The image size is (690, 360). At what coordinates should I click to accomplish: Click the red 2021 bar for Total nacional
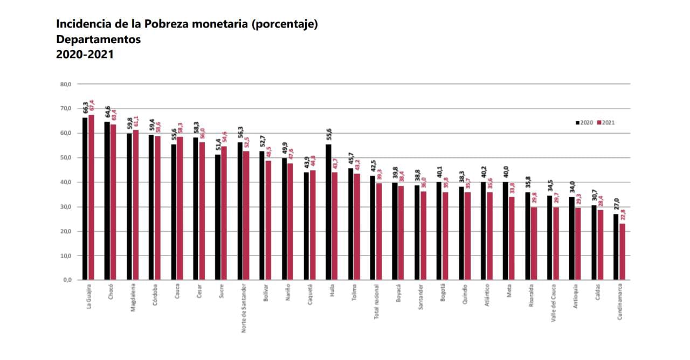pyautogui.click(x=378, y=231)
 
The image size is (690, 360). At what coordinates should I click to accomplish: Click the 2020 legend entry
pyautogui.click(x=584, y=122)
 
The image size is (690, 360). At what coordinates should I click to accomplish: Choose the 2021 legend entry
pyautogui.click(x=606, y=122)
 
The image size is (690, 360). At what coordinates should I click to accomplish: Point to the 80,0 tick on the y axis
pyautogui.click(x=66, y=84)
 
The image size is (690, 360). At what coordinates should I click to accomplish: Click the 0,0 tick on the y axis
pyautogui.click(x=67, y=280)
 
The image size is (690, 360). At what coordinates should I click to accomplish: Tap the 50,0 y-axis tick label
pyautogui.click(x=66, y=158)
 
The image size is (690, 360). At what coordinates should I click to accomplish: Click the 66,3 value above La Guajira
pyautogui.click(x=85, y=107)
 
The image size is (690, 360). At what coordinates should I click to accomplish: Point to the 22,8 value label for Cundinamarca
pyautogui.click(x=623, y=214)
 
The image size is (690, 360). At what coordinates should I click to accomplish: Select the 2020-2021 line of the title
pyautogui.click(x=85, y=54)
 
